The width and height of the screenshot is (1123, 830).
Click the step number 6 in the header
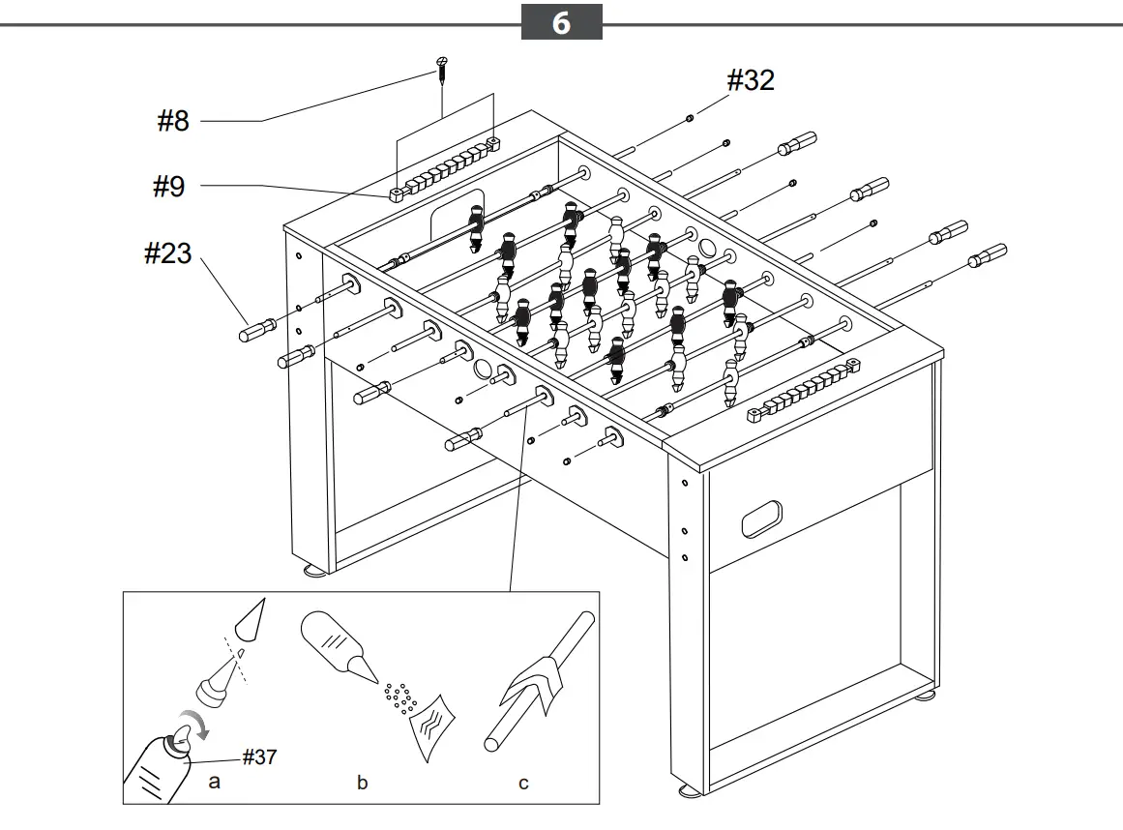561,22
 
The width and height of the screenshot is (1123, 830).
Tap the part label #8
173,121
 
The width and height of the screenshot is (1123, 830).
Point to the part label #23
167,253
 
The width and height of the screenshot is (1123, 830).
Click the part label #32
751,80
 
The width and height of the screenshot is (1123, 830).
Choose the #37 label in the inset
258,756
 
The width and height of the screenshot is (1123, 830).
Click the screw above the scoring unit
440,68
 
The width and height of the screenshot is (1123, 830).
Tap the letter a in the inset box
215,781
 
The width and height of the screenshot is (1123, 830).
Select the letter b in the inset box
362,783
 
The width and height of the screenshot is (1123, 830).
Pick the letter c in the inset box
523,783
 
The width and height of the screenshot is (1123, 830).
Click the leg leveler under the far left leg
316,571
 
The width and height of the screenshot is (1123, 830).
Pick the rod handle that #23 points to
254,329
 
